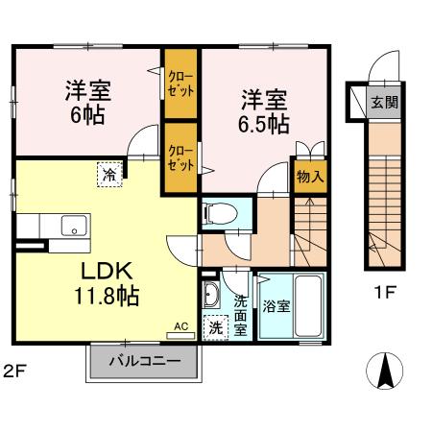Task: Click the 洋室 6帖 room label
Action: [86, 102]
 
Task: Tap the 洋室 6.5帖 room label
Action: [262, 111]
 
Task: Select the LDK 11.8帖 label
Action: [103, 284]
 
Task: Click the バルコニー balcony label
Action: [144, 363]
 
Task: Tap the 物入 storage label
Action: [309, 178]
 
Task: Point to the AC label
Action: [180, 326]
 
